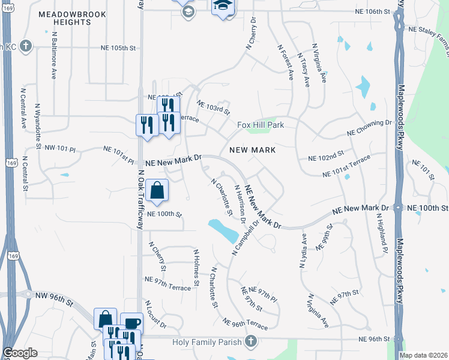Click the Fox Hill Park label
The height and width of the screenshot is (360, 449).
[x=260, y=125]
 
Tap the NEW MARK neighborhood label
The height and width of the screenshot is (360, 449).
[x=252, y=149]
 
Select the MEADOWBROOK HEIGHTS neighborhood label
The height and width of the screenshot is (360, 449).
[x=72, y=18]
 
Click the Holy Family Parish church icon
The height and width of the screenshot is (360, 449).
[x=251, y=342]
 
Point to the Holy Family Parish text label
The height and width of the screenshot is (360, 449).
[x=206, y=342]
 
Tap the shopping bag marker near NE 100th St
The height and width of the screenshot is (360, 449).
[x=157, y=191]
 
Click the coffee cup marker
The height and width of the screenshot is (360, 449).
[x=131, y=323]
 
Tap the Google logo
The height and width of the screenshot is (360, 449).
[x=20, y=353]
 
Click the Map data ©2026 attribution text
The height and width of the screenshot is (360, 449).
[x=423, y=355]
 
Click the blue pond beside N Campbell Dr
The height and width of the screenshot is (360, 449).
[x=222, y=230]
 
